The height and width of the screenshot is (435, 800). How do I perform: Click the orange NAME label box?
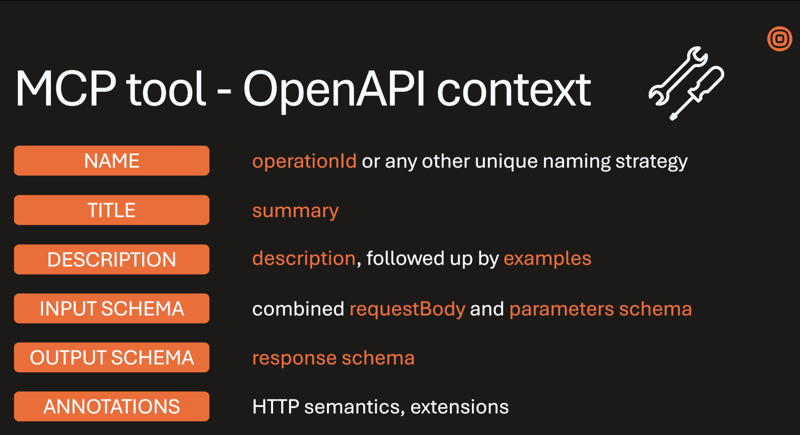point(112,161)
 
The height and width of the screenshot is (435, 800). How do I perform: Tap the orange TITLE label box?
point(112,210)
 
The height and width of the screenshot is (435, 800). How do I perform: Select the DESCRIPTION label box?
point(112,259)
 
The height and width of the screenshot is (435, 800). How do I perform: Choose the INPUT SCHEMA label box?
point(112,308)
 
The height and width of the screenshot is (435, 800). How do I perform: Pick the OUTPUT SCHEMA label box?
point(112,358)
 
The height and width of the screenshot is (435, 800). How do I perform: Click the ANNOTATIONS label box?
point(112,406)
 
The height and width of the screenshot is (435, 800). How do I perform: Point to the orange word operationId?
point(304,161)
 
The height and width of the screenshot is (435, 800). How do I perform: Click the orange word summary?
point(295,211)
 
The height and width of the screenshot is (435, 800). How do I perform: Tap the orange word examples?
point(547,259)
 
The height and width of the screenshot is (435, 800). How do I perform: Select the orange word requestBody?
point(407,309)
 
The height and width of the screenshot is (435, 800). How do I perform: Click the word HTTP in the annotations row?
point(276,407)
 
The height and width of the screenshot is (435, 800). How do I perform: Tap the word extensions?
point(459,407)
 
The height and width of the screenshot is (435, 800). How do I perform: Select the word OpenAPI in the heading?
point(334,89)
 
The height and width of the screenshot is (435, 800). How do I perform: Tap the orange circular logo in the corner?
point(779,39)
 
